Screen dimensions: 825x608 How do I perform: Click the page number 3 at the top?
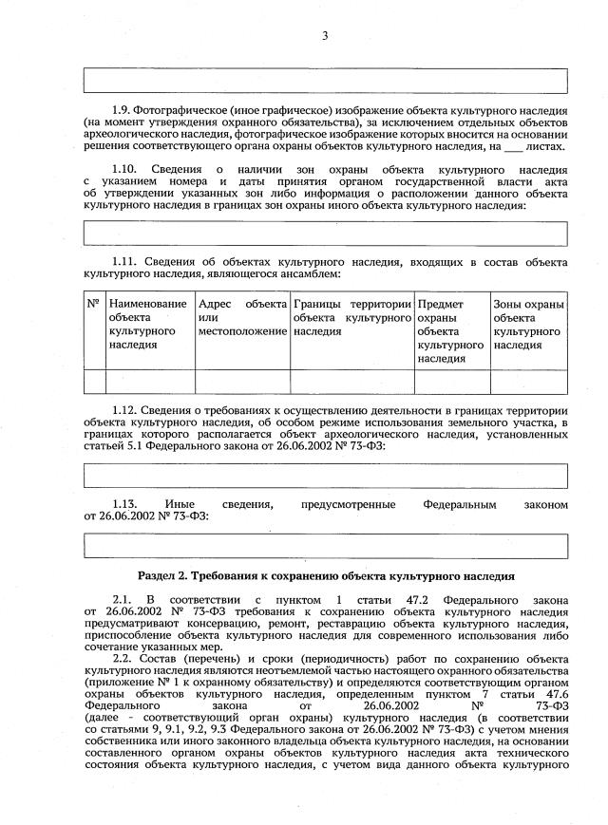324,36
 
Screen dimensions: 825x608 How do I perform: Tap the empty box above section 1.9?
325,80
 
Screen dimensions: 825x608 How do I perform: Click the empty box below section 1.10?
325,233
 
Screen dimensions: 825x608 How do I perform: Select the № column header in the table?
94,304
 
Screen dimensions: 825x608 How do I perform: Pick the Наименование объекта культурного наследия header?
148,325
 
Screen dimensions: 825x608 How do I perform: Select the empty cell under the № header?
94,382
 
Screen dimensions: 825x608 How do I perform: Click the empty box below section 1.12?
325,475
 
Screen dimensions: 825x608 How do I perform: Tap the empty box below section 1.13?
325,546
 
